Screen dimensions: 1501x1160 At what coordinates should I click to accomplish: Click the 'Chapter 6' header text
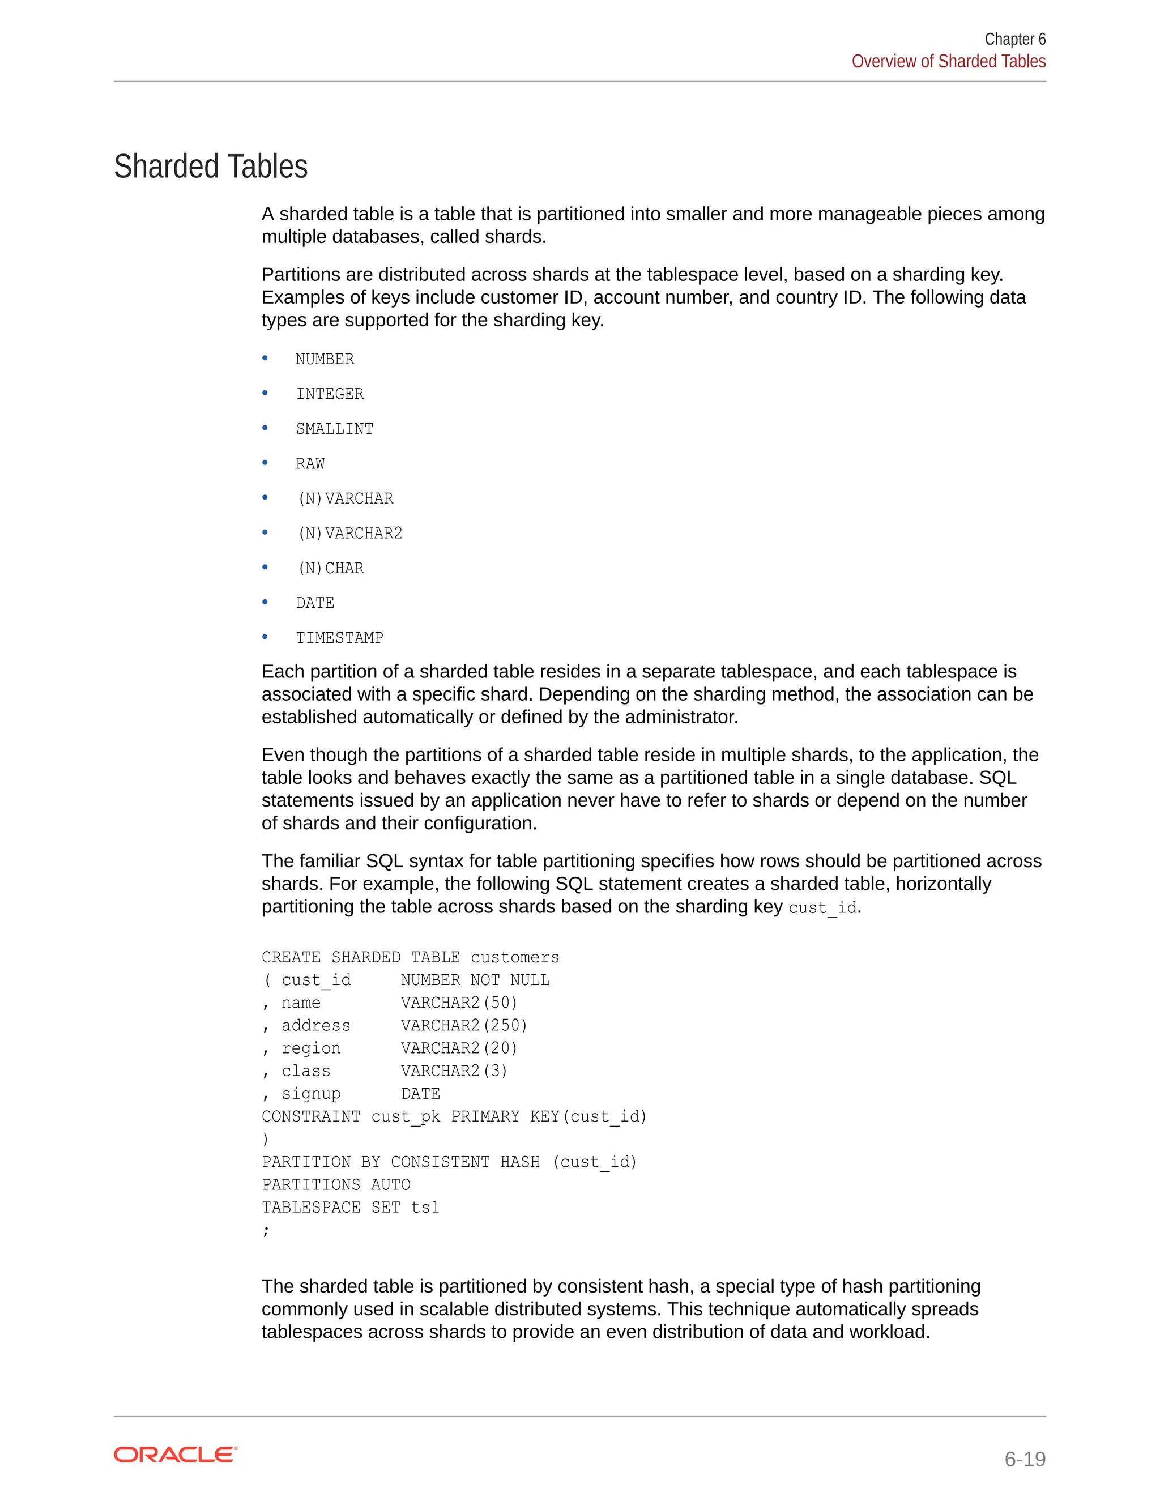(1014, 39)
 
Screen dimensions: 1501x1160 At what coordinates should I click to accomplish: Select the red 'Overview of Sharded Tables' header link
(948, 62)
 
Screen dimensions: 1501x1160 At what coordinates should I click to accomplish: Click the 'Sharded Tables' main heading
(210, 167)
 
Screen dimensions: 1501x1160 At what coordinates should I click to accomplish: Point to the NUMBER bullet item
(325, 360)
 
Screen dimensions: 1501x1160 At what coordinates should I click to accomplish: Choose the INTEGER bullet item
(330, 394)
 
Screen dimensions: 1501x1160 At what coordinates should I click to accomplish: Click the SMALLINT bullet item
(335, 429)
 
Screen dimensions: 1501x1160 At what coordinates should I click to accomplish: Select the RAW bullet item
(310, 464)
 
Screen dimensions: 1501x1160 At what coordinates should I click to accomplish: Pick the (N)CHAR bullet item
(331, 568)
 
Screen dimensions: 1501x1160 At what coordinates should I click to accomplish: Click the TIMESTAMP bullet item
(339, 638)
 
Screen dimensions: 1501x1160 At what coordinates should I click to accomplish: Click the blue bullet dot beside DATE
(265, 602)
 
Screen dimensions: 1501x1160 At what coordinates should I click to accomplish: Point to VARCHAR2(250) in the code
(464, 1026)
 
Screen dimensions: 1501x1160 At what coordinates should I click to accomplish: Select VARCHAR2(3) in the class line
(454, 1072)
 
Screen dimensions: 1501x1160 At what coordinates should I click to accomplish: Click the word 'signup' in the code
(312, 1094)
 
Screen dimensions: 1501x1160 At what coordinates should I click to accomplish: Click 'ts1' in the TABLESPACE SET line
(425, 1208)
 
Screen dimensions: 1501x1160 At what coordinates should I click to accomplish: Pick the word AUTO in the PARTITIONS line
(390, 1185)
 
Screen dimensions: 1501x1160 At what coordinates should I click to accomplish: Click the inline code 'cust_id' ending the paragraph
(822, 908)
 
